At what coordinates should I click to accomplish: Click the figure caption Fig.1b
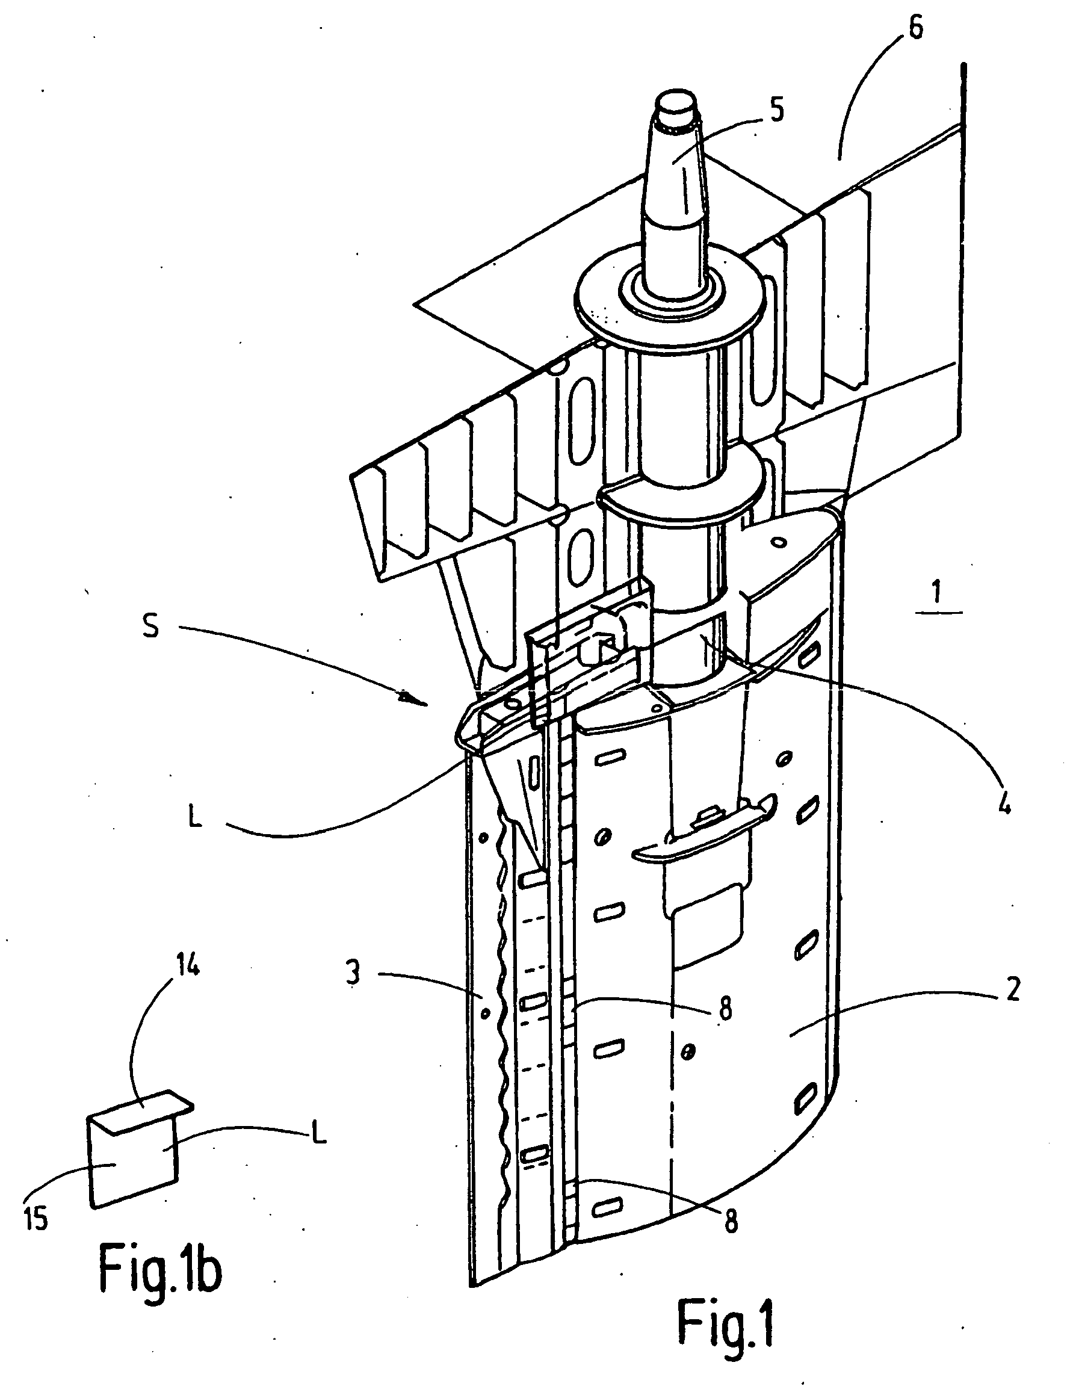tap(160, 1271)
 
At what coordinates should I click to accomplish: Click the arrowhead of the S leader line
tap(407, 699)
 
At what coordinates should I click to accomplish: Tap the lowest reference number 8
tap(731, 1222)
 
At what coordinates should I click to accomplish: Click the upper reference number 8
tap(725, 1007)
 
